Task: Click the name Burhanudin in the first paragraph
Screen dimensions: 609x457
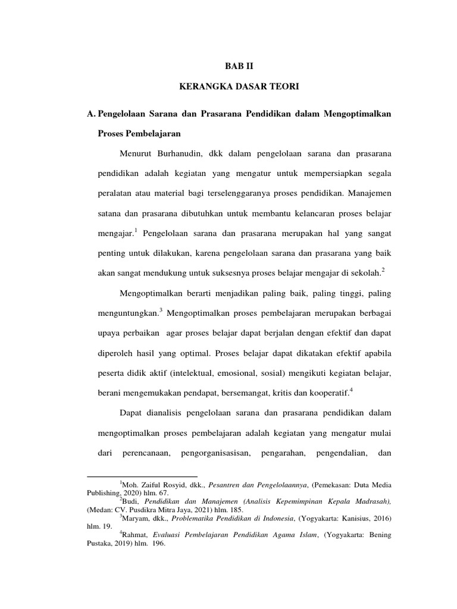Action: coord(175,154)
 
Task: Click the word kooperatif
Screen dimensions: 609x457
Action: coord(326,393)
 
